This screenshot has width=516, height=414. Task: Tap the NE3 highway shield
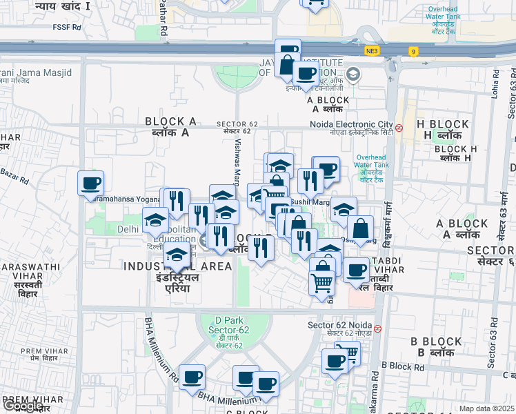click(373, 51)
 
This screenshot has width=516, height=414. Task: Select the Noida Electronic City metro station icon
click(399, 128)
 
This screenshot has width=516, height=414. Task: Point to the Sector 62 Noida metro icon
click(377, 326)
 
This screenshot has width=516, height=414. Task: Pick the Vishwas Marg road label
click(237, 162)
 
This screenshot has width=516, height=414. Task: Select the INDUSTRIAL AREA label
click(177, 266)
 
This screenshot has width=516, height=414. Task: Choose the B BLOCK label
click(436, 342)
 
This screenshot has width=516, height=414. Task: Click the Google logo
click(22, 406)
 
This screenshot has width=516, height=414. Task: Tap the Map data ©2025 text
click(486, 408)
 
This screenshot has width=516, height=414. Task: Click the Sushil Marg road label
click(310, 202)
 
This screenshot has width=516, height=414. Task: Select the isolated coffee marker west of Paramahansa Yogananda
click(90, 184)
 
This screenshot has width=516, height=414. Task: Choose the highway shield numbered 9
click(413, 51)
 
